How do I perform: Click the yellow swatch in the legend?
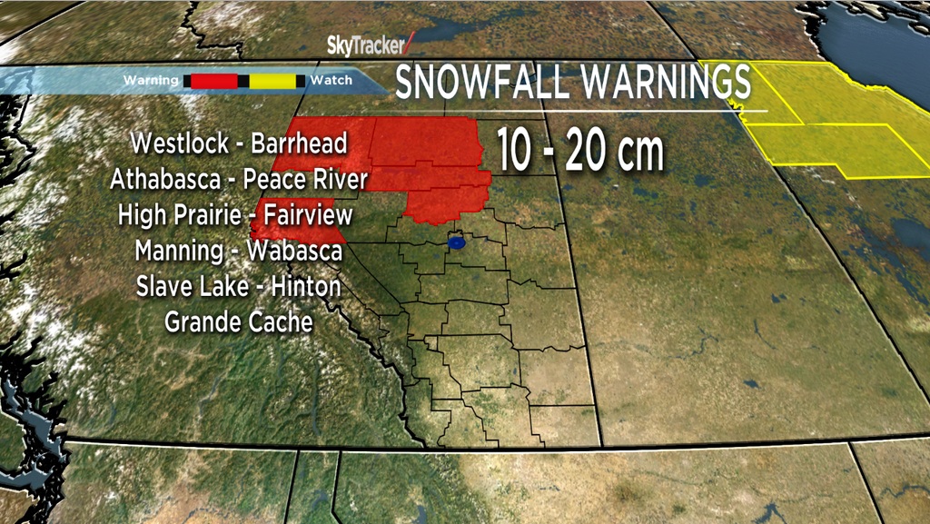pos(272,81)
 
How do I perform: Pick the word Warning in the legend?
pos(151,81)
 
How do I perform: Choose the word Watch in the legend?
pos(331,81)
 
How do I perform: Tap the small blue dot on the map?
pos(458,243)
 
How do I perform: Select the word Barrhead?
pos(299,144)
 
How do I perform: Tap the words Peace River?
pos(306,179)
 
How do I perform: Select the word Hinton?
pos(303,285)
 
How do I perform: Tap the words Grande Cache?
pos(239,321)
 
